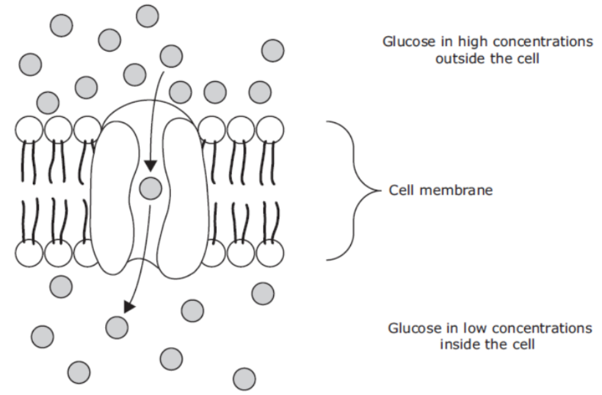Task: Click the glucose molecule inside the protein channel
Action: [x=151, y=188]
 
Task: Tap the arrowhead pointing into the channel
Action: [x=151, y=166]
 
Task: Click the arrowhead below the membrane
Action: [x=129, y=307]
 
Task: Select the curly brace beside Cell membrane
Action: [x=353, y=191]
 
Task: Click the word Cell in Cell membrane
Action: [x=401, y=190]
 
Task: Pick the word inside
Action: [x=459, y=344]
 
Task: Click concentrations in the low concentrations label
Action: [x=542, y=328]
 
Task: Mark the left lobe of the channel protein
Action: [x=114, y=198]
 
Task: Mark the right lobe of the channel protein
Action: [x=184, y=198]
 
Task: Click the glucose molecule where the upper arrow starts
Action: [x=171, y=56]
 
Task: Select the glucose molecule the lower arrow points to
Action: [x=117, y=327]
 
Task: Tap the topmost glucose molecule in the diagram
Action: [x=147, y=16]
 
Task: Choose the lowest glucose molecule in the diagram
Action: [x=244, y=379]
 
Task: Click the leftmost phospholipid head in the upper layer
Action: [x=29, y=130]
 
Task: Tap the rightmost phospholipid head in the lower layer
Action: [x=270, y=253]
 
